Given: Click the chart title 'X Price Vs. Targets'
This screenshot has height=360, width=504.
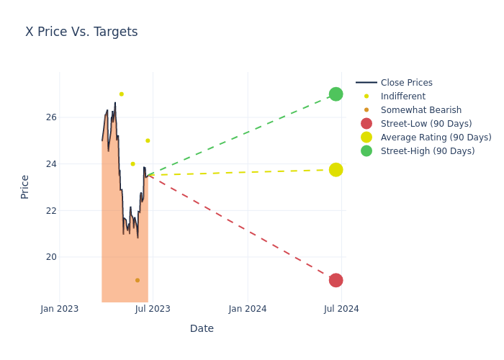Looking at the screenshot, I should point(81,32).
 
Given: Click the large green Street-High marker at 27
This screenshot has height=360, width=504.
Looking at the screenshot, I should point(336,94).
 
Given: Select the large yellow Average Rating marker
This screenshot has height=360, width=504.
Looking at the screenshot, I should point(336,170).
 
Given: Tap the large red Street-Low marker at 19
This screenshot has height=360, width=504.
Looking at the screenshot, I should point(336,280).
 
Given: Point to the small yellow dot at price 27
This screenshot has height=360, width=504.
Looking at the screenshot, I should point(121,94).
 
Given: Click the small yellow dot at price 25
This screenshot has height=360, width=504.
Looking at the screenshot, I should point(148,140).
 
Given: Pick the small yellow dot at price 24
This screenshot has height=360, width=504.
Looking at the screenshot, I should point(132,164).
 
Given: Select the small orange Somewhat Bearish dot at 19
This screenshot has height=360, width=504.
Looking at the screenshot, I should point(138,280).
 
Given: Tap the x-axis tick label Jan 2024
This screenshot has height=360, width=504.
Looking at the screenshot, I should point(248,309).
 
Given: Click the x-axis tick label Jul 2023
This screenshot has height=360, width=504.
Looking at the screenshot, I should point(153,309).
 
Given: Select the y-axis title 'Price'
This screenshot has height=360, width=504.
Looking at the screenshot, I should point(25,186).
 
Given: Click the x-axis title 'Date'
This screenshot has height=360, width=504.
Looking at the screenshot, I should point(202,329).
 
